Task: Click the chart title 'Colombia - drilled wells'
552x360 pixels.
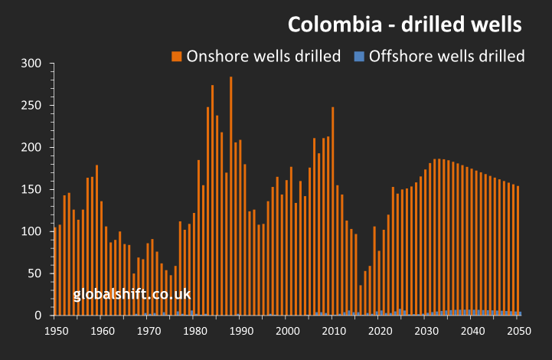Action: pyautogui.click(x=405, y=25)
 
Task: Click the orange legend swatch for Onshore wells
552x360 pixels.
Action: pyautogui.click(x=176, y=56)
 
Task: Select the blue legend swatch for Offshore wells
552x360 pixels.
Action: pyautogui.click(x=358, y=56)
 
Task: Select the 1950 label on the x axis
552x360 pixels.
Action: pyautogui.click(x=55, y=331)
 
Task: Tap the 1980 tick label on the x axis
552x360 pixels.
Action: pyautogui.click(x=194, y=331)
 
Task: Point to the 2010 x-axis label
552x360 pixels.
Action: pyautogui.click(x=333, y=331)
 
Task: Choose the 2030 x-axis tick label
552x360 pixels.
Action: pyautogui.click(x=426, y=331)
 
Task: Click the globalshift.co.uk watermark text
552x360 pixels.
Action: pyautogui.click(x=132, y=293)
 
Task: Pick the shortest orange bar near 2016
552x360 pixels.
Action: pyautogui.click(x=361, y=300)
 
